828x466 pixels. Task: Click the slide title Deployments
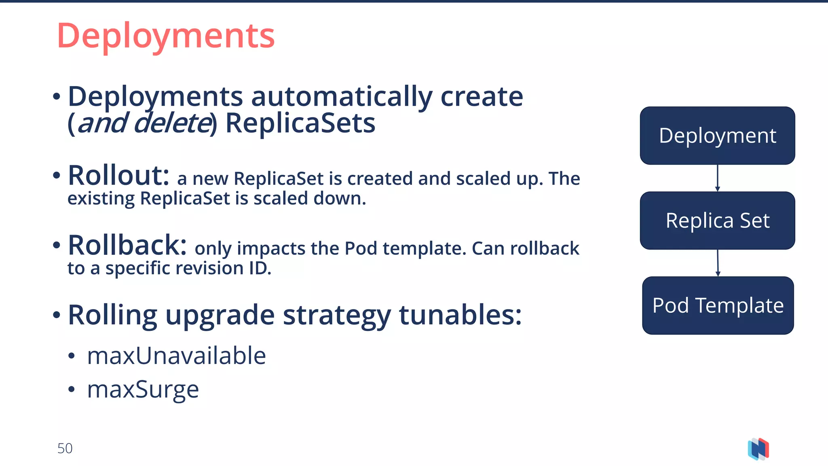pos(166,36)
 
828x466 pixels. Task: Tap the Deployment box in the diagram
pos(717,136)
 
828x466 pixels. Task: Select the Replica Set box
pos(717,220)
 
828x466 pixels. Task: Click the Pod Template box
pos(718,305)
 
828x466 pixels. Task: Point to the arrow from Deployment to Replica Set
pos(717,178)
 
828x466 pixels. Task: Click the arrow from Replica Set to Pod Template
pos(718,263)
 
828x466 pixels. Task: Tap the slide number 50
pos(65,448)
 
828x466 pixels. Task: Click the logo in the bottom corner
pos(758,449)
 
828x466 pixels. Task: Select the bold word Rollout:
pos(118,176)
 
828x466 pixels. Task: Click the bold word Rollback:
pos(127,246)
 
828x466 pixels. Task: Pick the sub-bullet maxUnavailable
pos(176,356)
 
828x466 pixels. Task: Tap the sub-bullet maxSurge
pos(143,390)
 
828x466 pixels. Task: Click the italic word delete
pos(172,123)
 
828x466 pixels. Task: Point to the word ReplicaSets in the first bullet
pos(300,123)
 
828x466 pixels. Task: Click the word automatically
pos(342,97)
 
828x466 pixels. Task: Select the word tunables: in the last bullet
pos(460,315)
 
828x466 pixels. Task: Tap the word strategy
pos(337,316)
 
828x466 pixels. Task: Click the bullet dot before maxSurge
pos(72,390)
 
